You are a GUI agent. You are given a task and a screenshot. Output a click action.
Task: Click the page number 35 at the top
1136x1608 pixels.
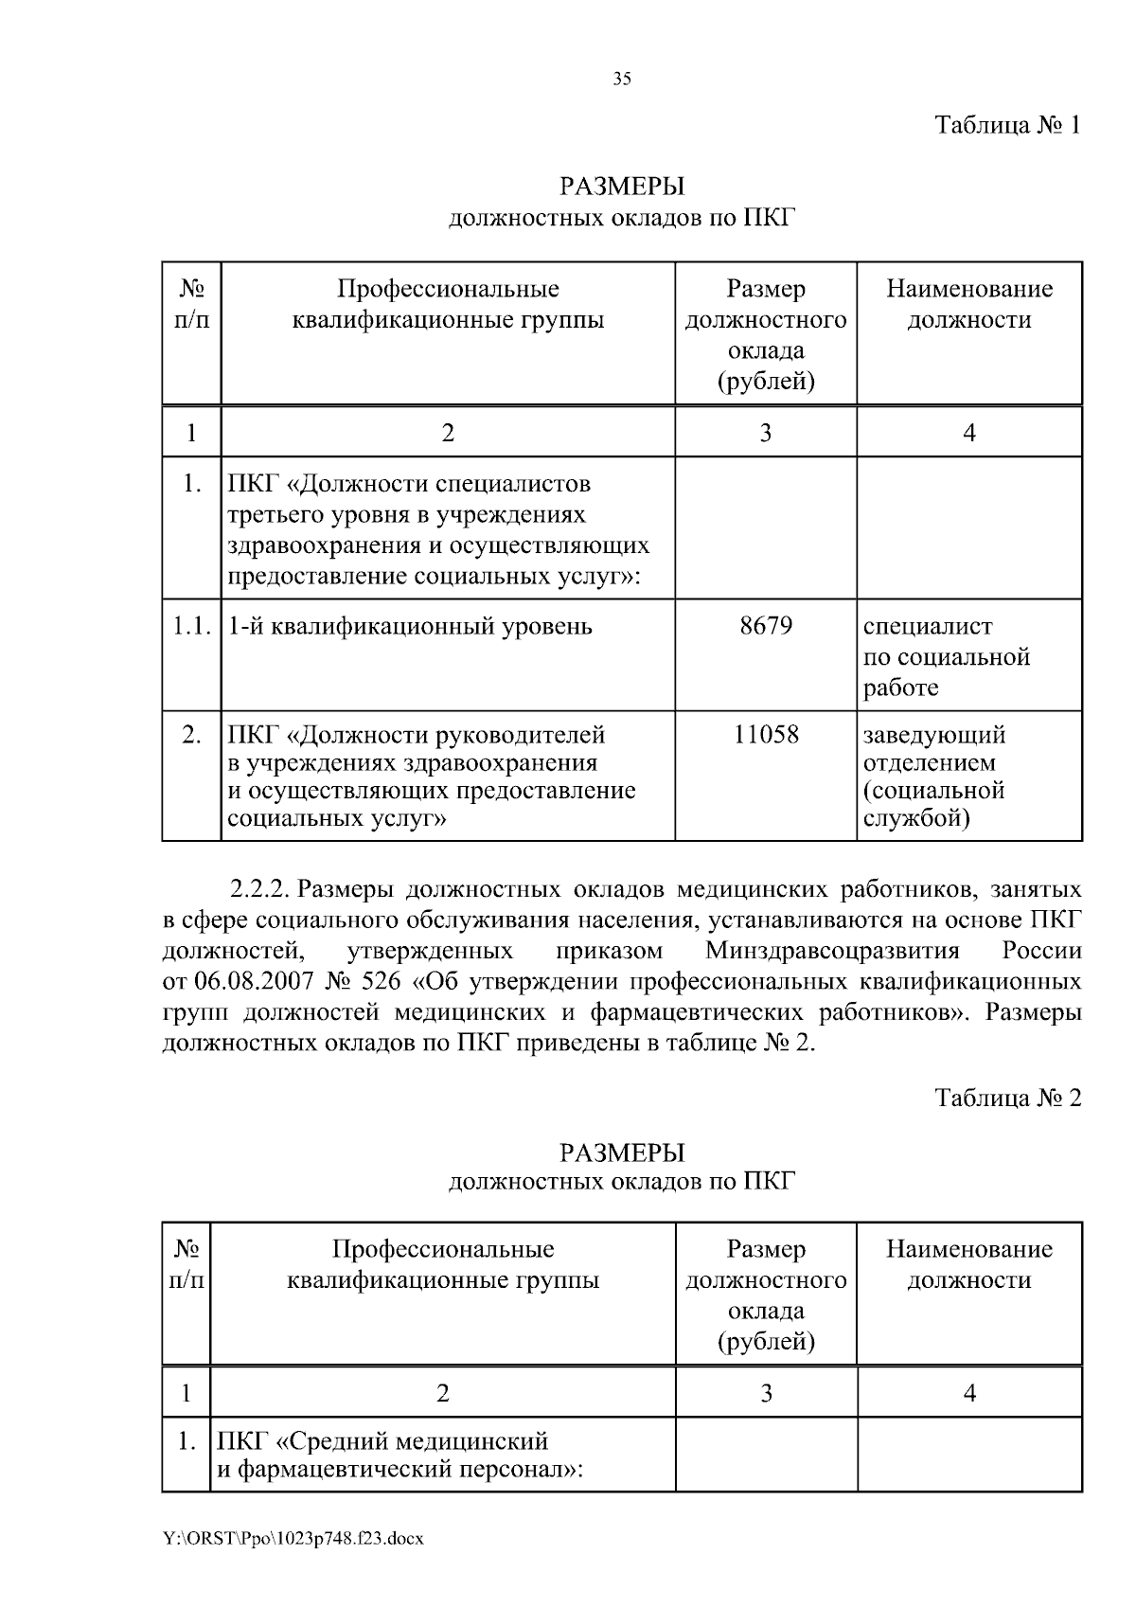621,80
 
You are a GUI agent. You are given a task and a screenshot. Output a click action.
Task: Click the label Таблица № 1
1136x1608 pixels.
1007,125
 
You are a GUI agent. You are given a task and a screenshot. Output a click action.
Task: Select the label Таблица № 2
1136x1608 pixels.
1007,1098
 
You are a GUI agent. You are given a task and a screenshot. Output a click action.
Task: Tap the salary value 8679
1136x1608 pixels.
766,626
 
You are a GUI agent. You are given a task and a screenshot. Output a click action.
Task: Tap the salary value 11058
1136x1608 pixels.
766,734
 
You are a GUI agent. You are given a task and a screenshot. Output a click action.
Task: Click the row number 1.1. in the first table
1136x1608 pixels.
191,626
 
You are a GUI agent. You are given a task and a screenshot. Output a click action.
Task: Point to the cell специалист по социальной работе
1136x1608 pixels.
946,656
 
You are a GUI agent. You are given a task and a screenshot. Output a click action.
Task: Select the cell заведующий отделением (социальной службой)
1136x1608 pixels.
934,776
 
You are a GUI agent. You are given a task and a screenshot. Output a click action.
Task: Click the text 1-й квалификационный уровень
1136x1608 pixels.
410,626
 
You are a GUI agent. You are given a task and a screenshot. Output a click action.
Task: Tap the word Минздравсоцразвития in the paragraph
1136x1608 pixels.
832,950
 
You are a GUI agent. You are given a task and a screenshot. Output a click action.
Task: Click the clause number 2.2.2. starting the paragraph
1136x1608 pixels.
261,890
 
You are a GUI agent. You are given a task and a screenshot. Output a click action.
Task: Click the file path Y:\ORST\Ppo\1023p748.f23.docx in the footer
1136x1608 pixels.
293,1539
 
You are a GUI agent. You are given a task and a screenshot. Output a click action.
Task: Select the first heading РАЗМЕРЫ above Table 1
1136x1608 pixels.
621,186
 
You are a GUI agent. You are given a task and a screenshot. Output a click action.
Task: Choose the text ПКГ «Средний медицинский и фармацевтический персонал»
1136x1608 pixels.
398,1456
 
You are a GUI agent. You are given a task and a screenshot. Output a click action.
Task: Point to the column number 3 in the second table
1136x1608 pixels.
766,1393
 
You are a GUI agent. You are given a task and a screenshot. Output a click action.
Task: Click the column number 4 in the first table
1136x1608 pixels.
968,433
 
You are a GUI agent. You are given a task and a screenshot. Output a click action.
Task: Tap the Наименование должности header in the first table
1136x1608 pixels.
968,304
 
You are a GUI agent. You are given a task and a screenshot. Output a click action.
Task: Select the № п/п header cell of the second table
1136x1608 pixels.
186,1264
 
